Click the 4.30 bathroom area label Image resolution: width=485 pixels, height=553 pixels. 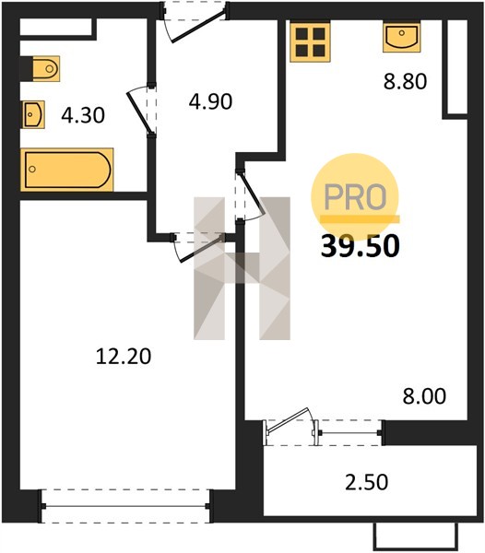point(83,115)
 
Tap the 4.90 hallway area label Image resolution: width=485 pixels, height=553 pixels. point(210,101)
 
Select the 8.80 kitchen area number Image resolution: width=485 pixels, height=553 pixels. point(406,81)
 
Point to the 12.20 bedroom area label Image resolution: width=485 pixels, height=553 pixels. point(124,356)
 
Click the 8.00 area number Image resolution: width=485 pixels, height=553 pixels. point(424,395)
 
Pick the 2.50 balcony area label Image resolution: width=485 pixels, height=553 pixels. point(366,482)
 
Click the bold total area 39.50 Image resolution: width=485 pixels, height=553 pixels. point(361,246)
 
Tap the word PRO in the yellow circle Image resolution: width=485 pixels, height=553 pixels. point(355,196)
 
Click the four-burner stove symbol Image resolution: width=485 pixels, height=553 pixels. point(311,41)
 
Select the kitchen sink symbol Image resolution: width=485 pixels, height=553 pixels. point(402,37)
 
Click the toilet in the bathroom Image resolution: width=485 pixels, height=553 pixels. point(46,69)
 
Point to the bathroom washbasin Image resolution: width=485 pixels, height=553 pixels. point(33,114)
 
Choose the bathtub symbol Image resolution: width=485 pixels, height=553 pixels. point(67,170)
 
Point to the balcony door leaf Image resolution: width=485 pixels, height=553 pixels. point(289,420)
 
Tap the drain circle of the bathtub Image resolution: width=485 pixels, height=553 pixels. point(32,170)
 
